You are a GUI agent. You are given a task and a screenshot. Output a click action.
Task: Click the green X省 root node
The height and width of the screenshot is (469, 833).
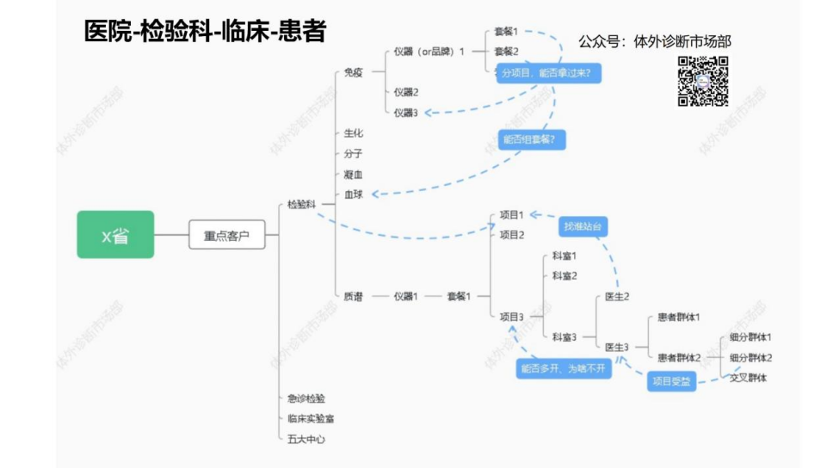[115, 234]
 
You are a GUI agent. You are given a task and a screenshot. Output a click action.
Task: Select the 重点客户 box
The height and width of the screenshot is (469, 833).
[226, 234]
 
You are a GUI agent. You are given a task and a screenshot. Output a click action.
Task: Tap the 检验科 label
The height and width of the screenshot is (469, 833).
[302, 204]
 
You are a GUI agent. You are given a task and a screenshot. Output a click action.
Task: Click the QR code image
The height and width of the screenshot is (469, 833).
[703, 81]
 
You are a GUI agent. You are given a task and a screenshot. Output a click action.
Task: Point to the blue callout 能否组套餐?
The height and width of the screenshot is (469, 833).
[532, 139]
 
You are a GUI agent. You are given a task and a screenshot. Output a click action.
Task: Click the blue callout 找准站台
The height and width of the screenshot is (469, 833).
[583, 226]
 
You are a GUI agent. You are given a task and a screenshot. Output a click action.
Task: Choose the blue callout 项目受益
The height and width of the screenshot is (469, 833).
[671, 381]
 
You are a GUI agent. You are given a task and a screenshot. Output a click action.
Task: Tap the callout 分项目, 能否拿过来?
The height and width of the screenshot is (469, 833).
[546, 73]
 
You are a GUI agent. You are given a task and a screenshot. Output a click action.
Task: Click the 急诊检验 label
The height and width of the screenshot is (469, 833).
[306, 398]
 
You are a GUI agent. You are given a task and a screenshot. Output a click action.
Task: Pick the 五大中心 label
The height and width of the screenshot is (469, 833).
[306, 439]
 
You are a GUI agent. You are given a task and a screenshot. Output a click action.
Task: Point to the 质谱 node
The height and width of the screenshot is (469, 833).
[353, 296]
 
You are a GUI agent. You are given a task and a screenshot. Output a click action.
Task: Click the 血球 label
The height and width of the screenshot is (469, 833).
[353, 194]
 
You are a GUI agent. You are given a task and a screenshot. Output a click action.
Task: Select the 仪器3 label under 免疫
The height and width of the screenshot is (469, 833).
[405, 113]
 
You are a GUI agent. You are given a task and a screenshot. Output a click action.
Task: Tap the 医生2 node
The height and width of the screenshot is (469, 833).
[617, 296]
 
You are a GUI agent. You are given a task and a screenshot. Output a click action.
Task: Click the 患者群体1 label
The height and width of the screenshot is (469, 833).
[678, 317]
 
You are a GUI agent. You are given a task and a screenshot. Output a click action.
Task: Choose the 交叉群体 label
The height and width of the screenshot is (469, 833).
[749, 378]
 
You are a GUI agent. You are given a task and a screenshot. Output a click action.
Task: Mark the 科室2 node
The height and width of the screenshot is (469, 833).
[565, 275]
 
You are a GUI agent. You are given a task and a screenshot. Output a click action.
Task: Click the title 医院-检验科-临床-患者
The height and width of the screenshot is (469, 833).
[205, 32]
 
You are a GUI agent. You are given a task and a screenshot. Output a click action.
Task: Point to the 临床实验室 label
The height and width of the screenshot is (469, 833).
[311, 418]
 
